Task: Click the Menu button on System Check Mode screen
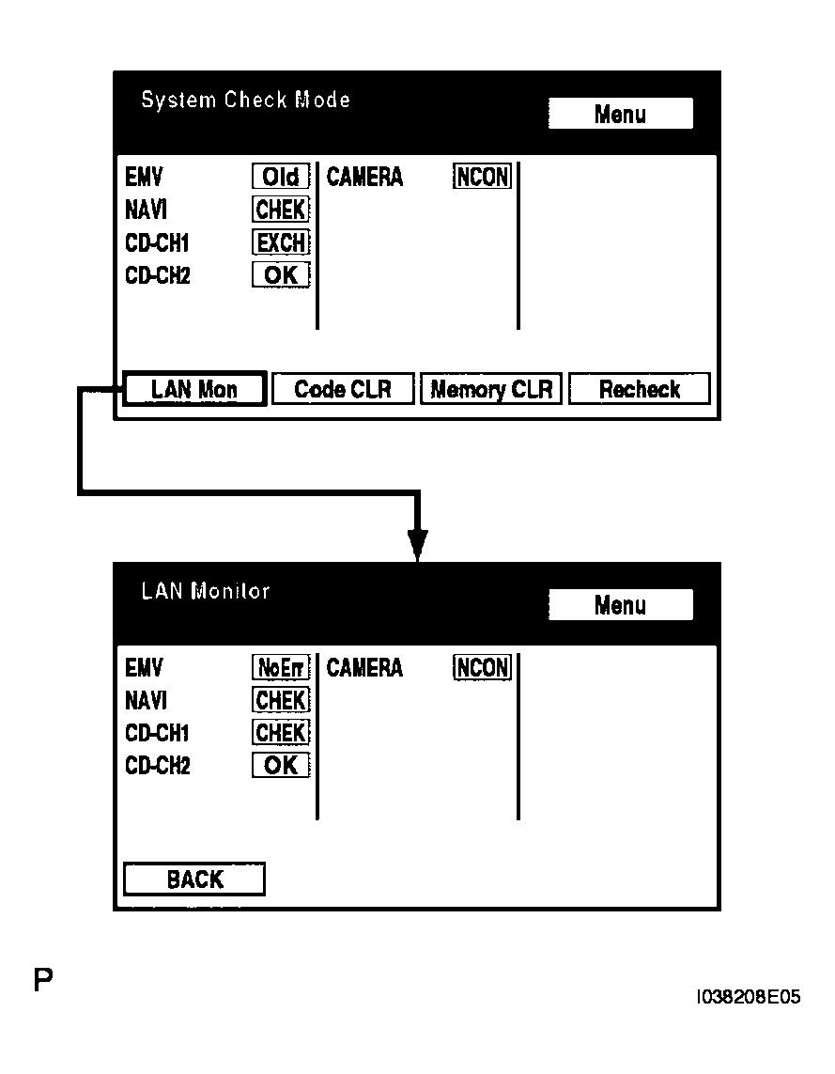[x=620, y=114]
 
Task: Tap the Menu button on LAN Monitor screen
[x=620, y=605]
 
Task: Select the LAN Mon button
[x=193, y=389]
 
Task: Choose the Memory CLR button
[x=491, y=389]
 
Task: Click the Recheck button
[x=640, y=389]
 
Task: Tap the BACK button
[x=194, y=879]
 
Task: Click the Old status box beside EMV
[x=281, y=177]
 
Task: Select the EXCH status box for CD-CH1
[x=281, y=242]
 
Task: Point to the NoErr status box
[x=281, y=668]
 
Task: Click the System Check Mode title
[x=245, y=100]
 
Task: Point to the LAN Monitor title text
[x=206, y=591]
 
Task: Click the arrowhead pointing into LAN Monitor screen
[x=417, y=545]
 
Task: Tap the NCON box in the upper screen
[x=483, y=177]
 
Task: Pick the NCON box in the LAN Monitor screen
[x=483, y=668]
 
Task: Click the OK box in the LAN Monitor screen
[x=281, y=766]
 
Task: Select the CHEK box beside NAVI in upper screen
[x=281, y=210]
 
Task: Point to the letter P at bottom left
[x=43, y=980]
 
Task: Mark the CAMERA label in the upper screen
[x=364, y=177]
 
